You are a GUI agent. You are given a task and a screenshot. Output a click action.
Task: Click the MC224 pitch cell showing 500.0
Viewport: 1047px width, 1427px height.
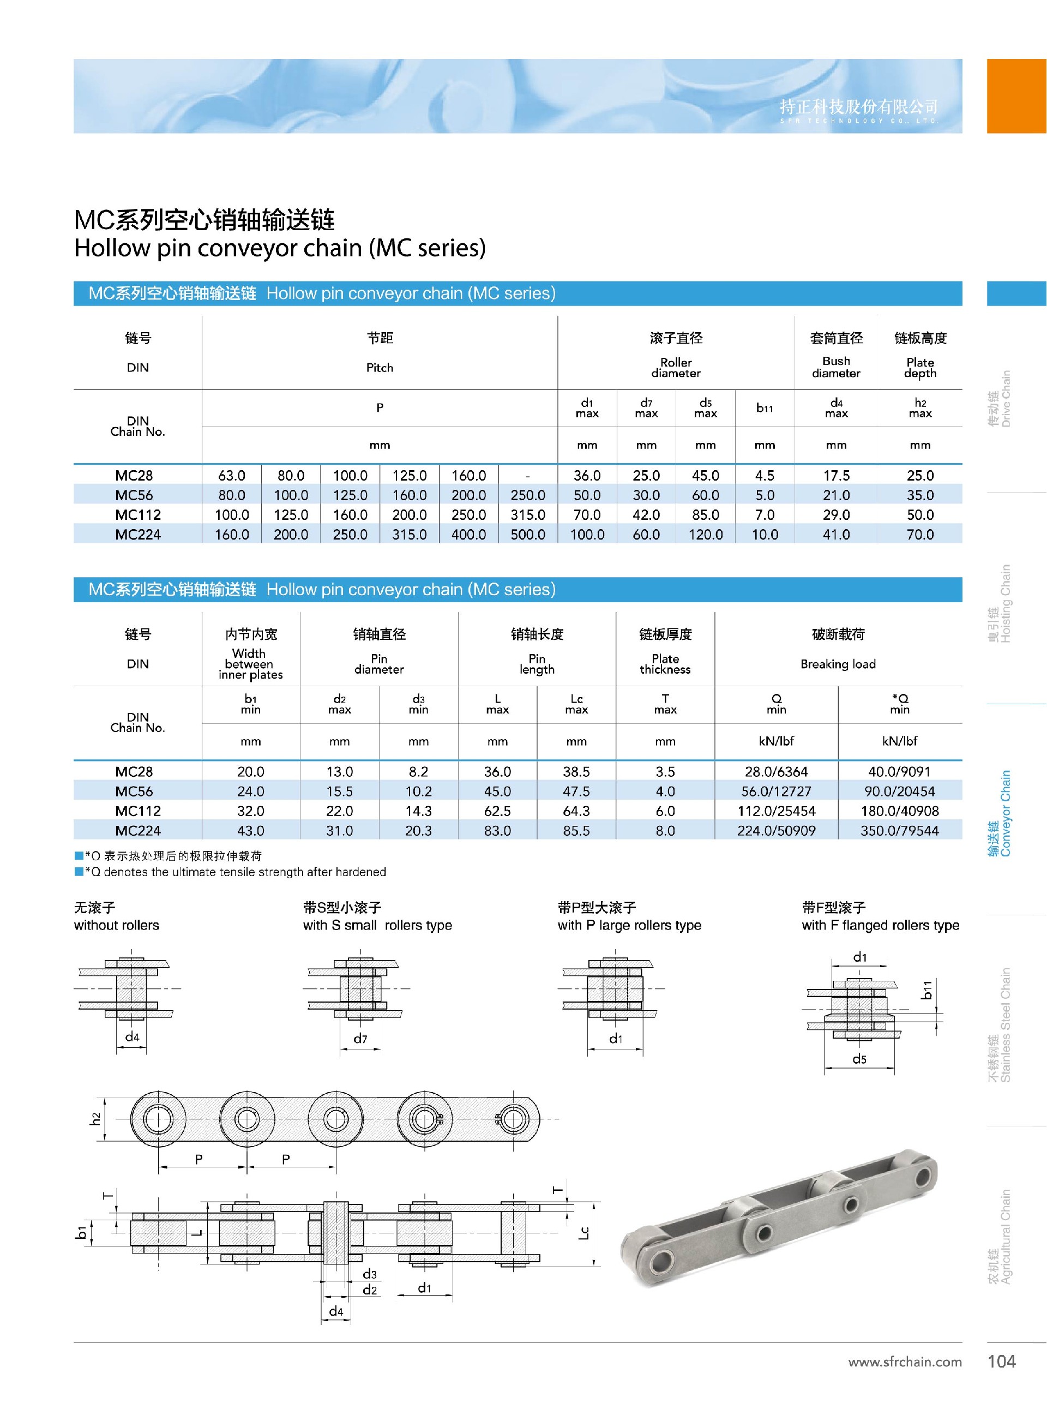(x=527, y=535)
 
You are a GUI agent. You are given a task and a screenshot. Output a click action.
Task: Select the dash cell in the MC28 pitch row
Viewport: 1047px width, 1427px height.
(x=527, y=476)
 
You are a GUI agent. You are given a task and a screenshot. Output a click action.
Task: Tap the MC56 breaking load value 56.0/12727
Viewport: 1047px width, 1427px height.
(x=776, y=791)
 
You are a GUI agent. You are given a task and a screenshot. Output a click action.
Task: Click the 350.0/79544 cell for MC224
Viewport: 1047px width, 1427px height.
(x=899, y=830)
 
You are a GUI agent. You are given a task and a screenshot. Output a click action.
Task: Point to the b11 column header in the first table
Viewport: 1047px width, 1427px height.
(x=765, y=407)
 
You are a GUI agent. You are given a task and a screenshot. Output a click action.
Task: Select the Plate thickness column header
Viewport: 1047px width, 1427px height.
(x=665, y=663)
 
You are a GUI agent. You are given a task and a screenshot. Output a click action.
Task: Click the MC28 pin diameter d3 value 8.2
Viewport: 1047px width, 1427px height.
(x=418, y=771)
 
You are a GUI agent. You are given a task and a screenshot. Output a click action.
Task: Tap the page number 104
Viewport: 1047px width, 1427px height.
(x=1001, y=1361)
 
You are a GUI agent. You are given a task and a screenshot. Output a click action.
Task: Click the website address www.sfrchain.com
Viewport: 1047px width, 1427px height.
(x=904, y=1362)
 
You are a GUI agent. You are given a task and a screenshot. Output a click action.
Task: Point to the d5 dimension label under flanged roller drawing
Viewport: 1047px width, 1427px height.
(x=859, y=1059)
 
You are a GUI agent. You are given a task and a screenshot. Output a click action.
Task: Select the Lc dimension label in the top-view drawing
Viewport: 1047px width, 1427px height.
(x=585, y=1232)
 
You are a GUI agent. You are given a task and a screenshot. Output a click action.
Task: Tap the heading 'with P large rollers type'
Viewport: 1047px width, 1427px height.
(x=629, y=925)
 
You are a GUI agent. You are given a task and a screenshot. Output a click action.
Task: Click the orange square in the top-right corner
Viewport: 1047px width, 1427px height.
(x=1016, y=95)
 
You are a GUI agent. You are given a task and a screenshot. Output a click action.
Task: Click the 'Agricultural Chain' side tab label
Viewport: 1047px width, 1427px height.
(x=1000, y=1237)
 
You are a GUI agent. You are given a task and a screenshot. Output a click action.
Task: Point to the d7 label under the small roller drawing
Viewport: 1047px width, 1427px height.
(x=360, y=1039)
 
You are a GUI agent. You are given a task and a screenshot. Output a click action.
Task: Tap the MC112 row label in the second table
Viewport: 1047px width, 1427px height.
(x=137, y=811)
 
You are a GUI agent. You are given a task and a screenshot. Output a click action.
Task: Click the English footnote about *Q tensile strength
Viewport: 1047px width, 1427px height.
(x=234, y=872)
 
